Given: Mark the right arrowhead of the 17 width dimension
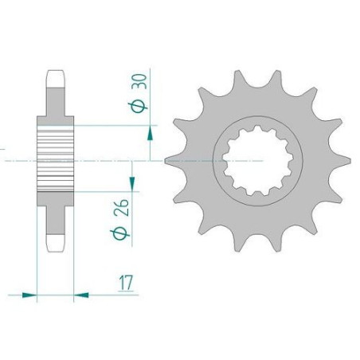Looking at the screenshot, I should [x=80, y=295].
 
